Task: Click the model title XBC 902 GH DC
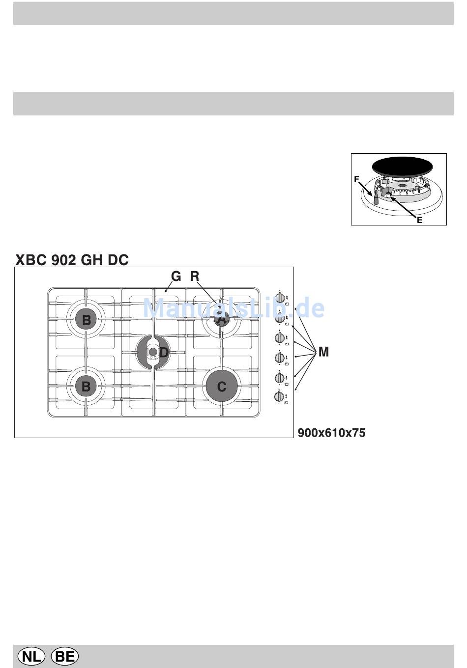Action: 72,259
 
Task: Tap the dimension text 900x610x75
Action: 331,433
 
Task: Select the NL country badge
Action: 31,656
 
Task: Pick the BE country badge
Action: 64,656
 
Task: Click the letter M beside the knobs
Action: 323,352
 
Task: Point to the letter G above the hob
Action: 176,277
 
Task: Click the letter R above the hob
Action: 195,277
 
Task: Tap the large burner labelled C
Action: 222,387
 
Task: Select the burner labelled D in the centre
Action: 153,352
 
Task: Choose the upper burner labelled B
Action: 87,320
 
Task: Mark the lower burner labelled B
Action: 86,387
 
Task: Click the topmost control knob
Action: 280,298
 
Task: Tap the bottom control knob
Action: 280,397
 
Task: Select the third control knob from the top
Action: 280,338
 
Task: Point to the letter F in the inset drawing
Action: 356,180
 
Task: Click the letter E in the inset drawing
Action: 419,220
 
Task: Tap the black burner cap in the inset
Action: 399,165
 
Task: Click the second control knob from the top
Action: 280,318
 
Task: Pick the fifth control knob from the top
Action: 280,378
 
